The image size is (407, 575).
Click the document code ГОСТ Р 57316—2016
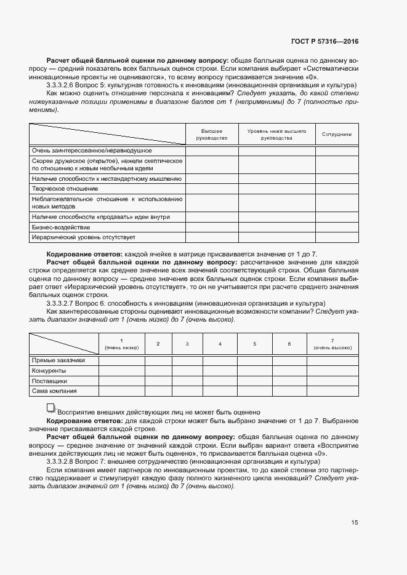324,41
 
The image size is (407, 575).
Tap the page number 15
354,523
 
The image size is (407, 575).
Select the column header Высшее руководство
212,135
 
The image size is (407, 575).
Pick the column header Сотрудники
336,134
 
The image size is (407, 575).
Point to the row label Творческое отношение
65,189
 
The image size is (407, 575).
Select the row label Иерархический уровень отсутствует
83,237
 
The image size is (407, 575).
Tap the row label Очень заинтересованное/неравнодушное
92,151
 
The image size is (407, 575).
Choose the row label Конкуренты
49,371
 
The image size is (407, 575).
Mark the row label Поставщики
49,381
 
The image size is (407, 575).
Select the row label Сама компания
54,391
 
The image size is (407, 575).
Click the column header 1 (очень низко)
121,344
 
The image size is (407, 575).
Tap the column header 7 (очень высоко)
332,344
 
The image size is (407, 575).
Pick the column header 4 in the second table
220,344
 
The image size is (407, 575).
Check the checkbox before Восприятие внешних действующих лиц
50,408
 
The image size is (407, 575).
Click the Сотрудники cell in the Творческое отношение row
336,189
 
